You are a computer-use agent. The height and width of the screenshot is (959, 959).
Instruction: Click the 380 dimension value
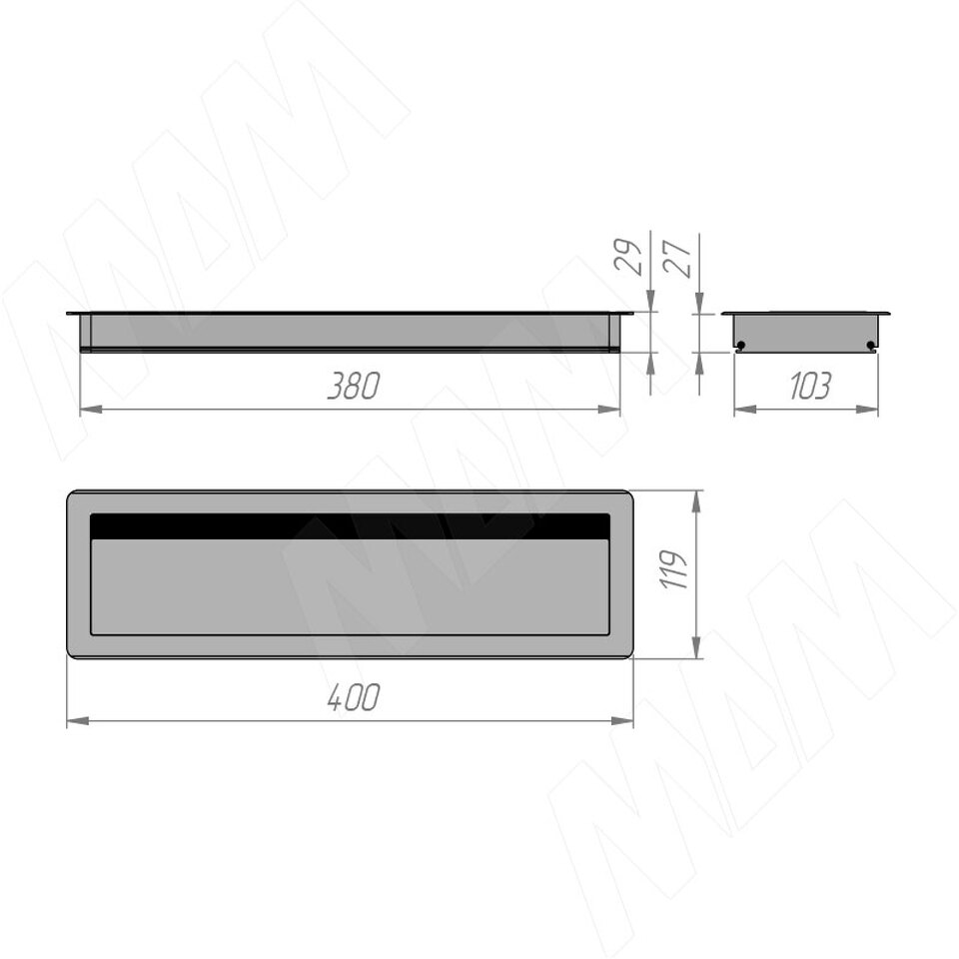354,386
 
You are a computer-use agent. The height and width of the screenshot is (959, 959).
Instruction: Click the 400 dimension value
354,697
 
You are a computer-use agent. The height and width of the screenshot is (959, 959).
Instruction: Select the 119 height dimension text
674,569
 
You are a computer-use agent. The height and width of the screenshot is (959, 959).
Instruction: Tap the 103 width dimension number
810,386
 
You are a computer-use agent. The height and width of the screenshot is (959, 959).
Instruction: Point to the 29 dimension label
628,257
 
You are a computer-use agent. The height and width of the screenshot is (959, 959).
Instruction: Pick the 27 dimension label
677,259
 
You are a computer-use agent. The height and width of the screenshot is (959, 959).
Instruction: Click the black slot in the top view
350,526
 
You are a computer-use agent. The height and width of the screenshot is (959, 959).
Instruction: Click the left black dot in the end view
741,346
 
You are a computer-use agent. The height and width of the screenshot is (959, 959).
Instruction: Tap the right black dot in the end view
871,346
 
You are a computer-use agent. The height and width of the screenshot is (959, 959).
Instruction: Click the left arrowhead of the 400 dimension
78,721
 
